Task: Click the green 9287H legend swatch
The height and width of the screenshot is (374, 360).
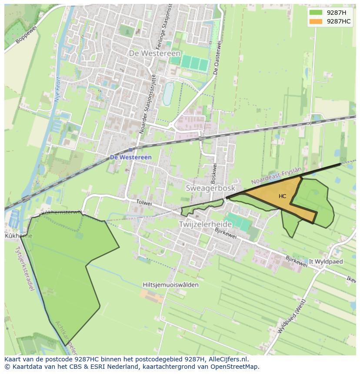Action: pyautogui.click(x=316, y=13)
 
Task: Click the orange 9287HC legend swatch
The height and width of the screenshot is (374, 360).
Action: pyautogui.click(x=316, y=21)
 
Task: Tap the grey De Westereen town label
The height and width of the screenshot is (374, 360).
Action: pyautogui.click(x=155, y=53)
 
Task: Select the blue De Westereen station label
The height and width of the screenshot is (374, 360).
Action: pyautogui.click(x=130, y=157)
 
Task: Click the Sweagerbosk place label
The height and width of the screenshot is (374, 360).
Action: pyautogui.click(x=210, y=188)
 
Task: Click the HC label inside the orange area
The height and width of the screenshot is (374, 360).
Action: pyautogui.click(x=283, y=196)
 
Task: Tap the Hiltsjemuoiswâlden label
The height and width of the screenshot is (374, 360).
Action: pyautogui.click(x=170, y=285)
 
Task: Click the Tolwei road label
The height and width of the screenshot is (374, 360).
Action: pyautogui.click(x=143, y=202)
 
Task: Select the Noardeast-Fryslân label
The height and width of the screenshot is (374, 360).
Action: pyautogui.click(x=276, y=175)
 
